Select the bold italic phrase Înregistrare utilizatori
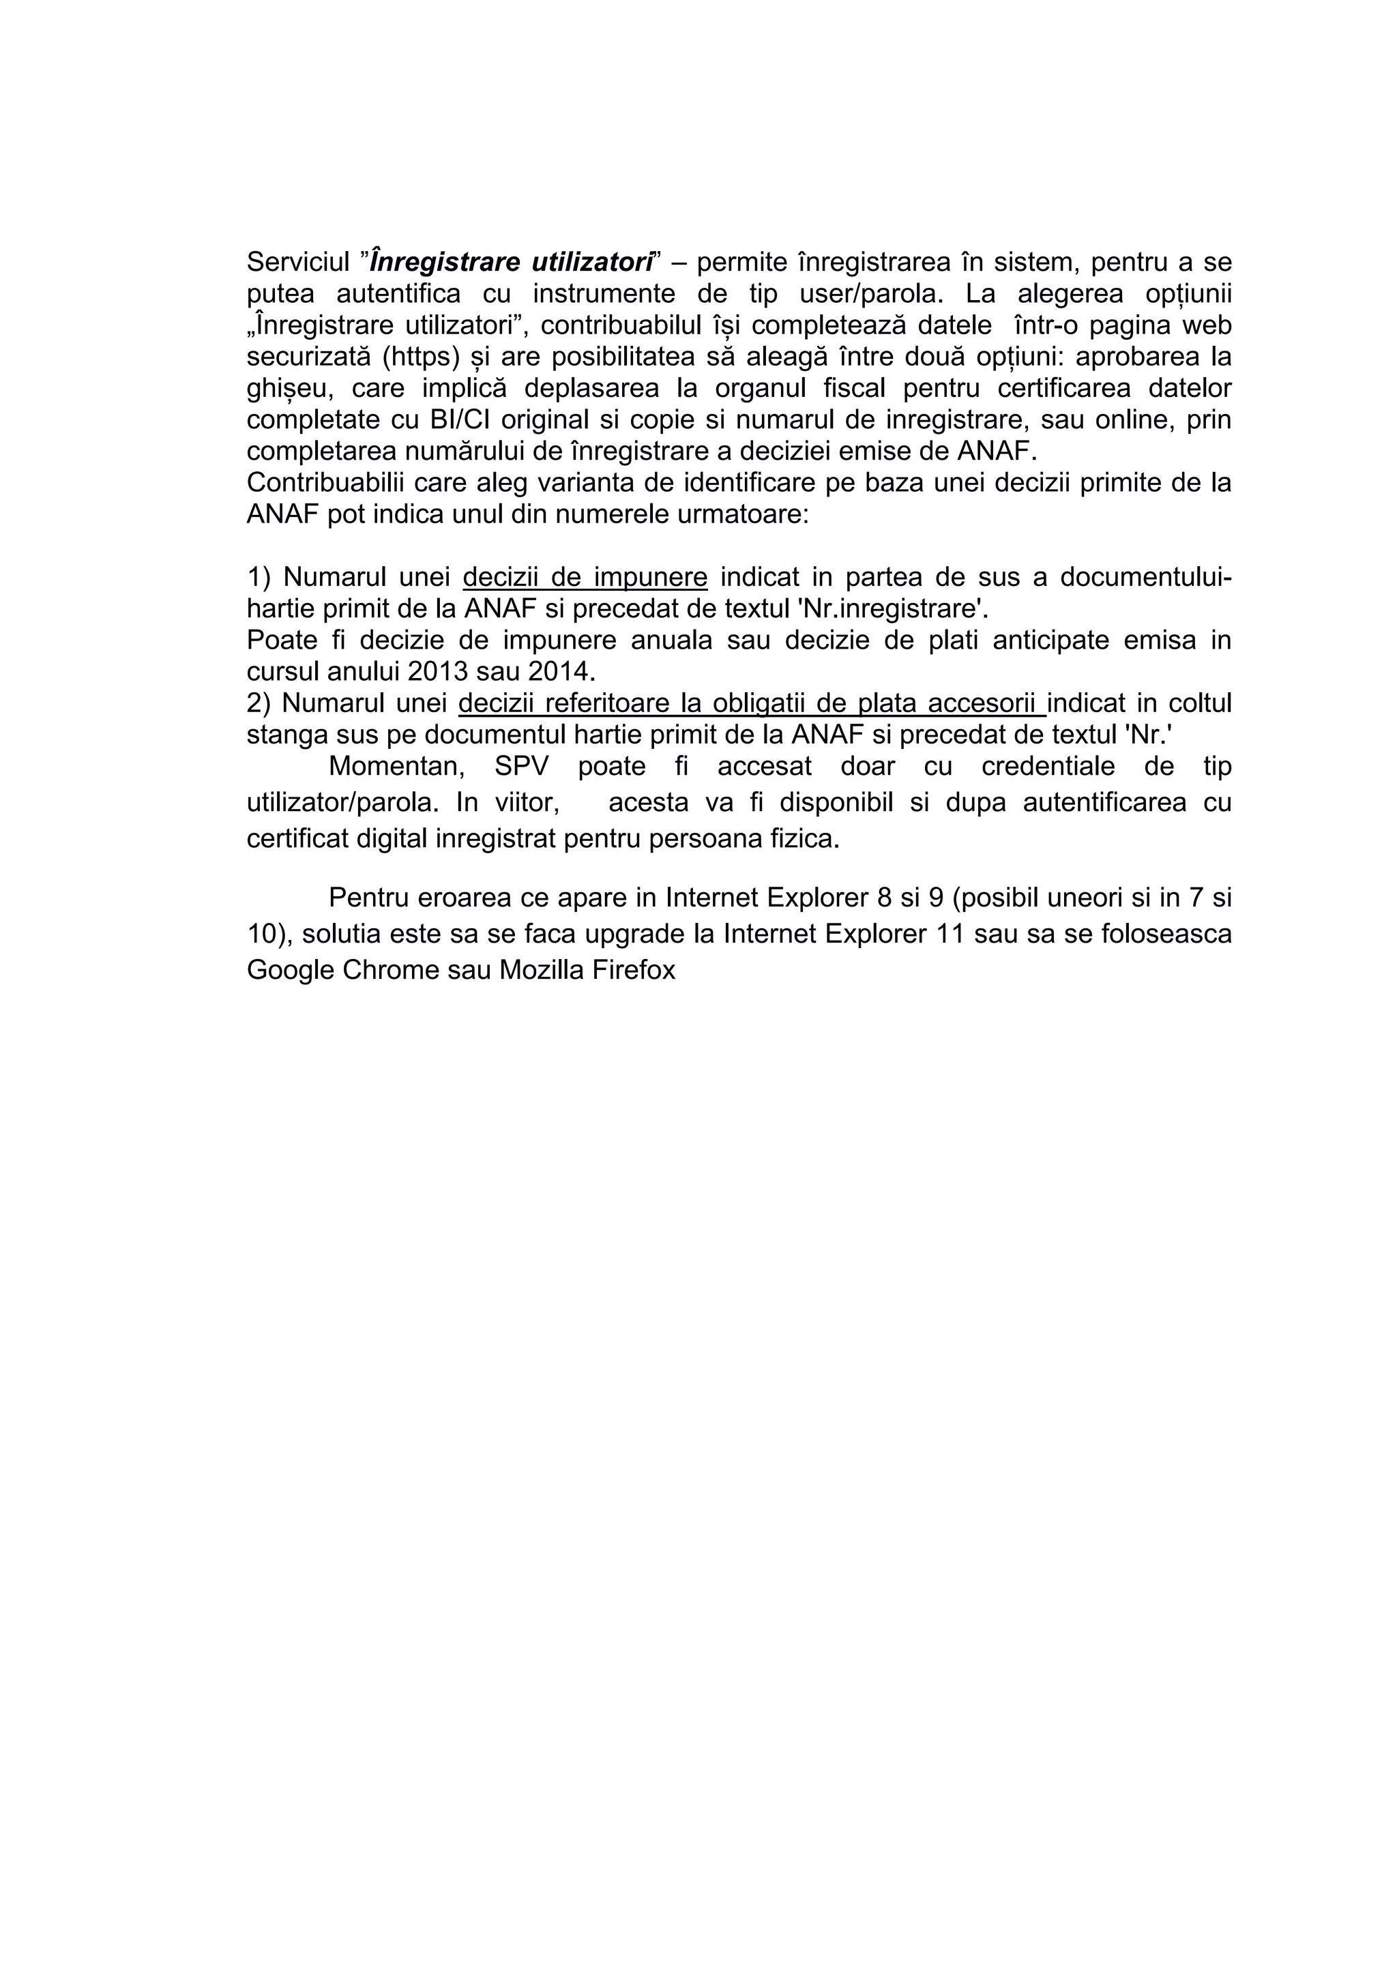coord(512,262)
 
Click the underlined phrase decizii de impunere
coord(585,578)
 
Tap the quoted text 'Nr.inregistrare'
coord(893,609)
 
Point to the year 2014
coord(560,671)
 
